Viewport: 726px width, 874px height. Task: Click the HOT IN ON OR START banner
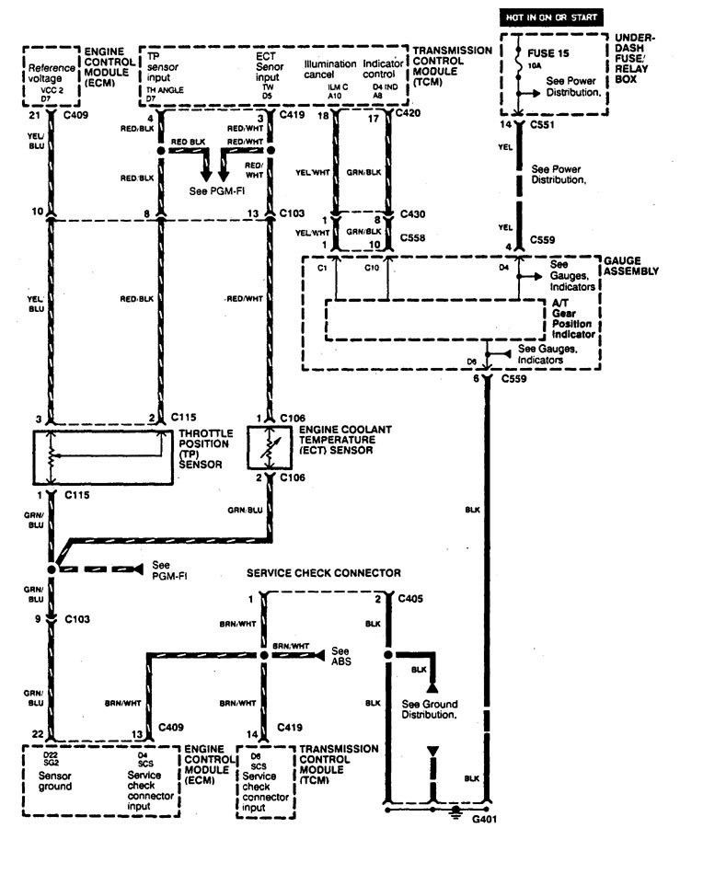pyautogui.click(x=550, y=17)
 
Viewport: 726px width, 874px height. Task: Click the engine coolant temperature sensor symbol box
pyautogui.click(x=270, y=447)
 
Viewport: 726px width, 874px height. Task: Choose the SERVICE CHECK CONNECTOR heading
pyautogui.click(x=323, y=572)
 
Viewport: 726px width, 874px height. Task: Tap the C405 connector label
pyautogui.click(x=412, y=599)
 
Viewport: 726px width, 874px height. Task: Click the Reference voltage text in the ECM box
pyautogui.click(x=52, y=73)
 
